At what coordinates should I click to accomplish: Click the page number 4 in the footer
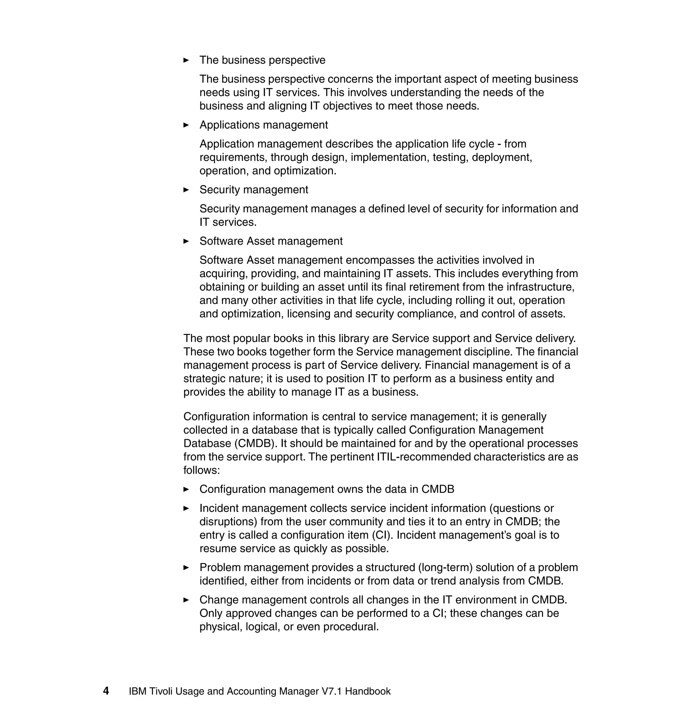pos(106,691)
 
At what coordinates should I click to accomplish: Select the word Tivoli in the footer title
pos(160,691)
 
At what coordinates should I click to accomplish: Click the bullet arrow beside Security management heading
pos(186,190)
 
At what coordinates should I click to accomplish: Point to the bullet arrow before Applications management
pos(186,125)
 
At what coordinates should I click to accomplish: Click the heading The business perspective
pos(262,60)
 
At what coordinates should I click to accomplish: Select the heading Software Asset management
pos(271,241)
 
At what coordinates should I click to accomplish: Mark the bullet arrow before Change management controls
pos(186,600)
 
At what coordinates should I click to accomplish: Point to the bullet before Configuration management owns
pos(186,489)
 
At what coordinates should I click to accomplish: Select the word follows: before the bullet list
pos(202,470)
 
